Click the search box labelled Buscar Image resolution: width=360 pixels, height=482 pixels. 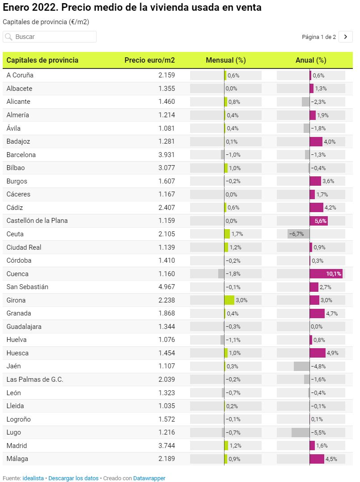pos(49,37)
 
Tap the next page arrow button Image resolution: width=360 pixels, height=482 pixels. pos(346,37)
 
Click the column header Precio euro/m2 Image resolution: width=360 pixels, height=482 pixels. pos(149,60)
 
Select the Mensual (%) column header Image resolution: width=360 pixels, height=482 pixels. pos(225,60)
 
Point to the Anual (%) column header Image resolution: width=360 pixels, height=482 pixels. pos(311,60)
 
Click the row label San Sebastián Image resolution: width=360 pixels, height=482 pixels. pos(27,287)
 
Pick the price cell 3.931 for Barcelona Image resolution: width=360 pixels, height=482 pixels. pos(166,155)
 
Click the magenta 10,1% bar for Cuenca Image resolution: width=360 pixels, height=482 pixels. pos(326,274)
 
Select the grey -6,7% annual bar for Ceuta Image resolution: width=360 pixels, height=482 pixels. pos(298,234)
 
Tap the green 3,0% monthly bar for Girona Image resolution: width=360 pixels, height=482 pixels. pos(229,300)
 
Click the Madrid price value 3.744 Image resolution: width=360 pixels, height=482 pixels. pos(166,446)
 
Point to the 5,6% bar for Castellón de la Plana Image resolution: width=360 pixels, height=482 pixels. pos(318,221)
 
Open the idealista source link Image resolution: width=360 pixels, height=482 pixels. pos(33,478)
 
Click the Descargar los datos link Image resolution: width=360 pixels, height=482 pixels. pos(73,478)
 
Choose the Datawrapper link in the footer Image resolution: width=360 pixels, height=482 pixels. pos(149,478)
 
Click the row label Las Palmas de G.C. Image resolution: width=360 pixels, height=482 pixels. pos(35,380)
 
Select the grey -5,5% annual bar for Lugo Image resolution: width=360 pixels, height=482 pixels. pos(301,433)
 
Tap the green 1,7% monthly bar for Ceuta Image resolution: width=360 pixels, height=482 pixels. pos(227,234)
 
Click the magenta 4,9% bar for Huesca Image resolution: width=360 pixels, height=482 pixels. pos(318,353)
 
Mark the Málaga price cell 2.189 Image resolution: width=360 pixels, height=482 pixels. pos(166,459)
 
